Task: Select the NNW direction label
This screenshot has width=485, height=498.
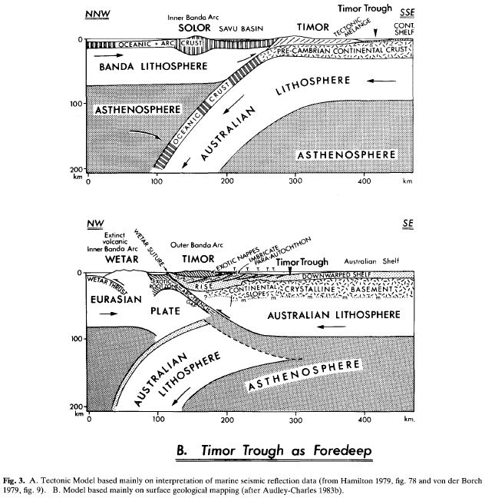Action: (x=97, y=12)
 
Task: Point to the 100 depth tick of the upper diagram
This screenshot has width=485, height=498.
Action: (x=78, y=103)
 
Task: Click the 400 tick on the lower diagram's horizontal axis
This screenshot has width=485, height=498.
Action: (x=365, y=420)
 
